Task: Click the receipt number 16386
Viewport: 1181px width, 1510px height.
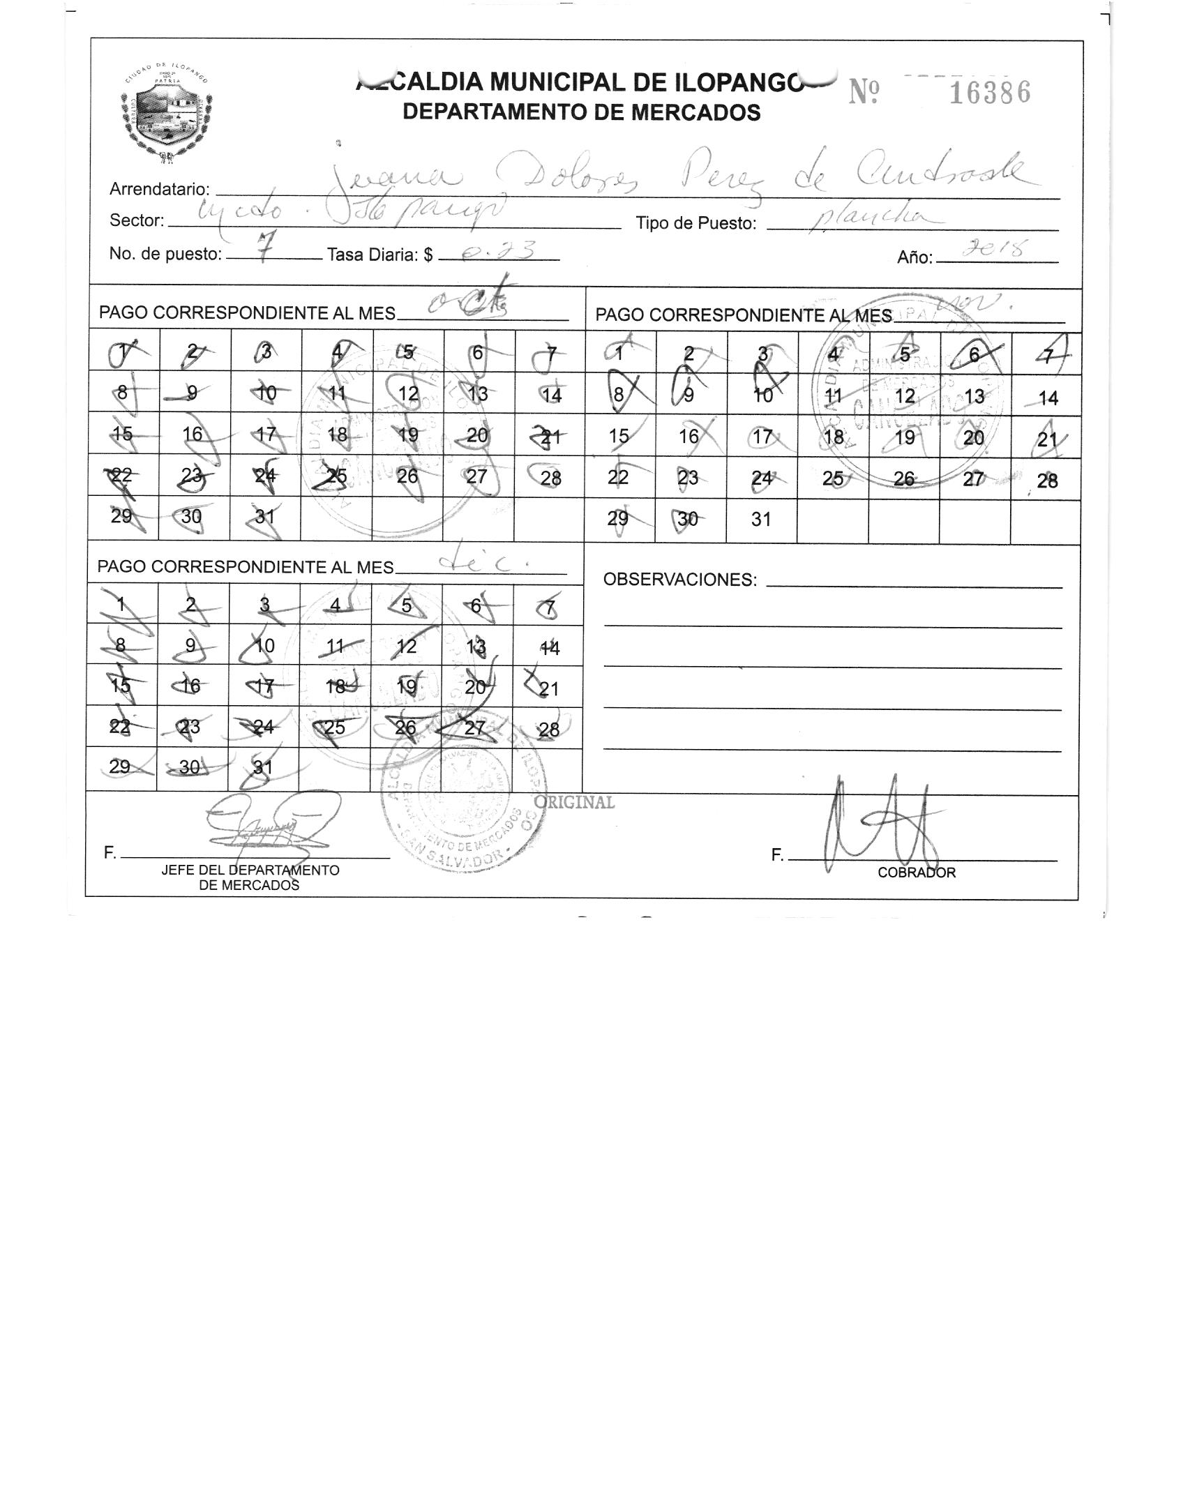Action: [x=990, y=93]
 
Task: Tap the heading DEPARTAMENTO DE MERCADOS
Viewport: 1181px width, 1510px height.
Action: [x=582, y=112]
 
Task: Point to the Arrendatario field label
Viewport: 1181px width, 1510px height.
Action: [x=160, y=189]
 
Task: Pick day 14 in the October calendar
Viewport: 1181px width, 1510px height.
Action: [x=551, y=395]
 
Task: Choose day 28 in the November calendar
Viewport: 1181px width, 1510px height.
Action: [x=1047, y=481]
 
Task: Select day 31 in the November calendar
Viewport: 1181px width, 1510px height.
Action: [x=761, y=519]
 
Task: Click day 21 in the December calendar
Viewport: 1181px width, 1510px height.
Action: [x=549, y=689]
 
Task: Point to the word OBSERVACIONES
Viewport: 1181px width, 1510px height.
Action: [x=679, y=580]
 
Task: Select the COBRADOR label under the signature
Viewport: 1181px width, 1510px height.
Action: [x=916, y=873]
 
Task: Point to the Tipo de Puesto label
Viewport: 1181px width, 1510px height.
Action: [x=695, y=224]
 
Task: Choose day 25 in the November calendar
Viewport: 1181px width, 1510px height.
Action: [x=833, y=478]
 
